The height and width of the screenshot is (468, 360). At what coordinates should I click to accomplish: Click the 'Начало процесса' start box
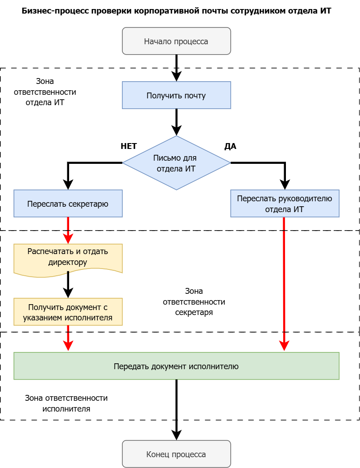click(x=176, y=41)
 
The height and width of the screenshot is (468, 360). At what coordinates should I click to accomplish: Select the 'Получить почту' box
click(x=176, y=95)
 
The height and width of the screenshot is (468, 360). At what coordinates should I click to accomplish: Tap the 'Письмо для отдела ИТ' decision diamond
click(x=176, y=163)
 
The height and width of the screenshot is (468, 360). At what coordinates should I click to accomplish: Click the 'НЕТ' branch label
click(x=129, y=146)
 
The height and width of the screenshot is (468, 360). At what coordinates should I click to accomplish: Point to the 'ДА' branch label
click(x=230, y=146)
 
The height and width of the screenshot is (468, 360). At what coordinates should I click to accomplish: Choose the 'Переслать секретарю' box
click(x=68, y=204)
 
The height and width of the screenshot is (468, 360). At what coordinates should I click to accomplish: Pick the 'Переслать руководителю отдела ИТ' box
click(x=285, y=204)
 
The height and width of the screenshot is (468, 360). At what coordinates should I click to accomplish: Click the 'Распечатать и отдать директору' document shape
click(x=68, y=257)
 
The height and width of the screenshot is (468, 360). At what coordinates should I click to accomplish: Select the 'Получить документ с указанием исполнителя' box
click(x=68, y=312)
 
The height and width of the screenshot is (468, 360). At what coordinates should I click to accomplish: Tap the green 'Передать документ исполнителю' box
click(x=176, y=366)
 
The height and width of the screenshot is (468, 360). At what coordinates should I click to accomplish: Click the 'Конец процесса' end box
click(x=176, y=454)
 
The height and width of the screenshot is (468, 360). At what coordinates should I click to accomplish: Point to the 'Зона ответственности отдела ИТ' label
click(x=51, y=92)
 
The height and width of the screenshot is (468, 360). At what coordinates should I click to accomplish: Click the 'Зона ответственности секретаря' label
click(x=194, y=301)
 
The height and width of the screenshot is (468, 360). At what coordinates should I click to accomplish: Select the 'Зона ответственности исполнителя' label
click(x=66, y=403)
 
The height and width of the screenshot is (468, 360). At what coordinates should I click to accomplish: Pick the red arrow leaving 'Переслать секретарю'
click(x=68, y=230)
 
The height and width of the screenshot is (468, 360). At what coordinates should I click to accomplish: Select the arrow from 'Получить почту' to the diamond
click(x=176, y=121)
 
